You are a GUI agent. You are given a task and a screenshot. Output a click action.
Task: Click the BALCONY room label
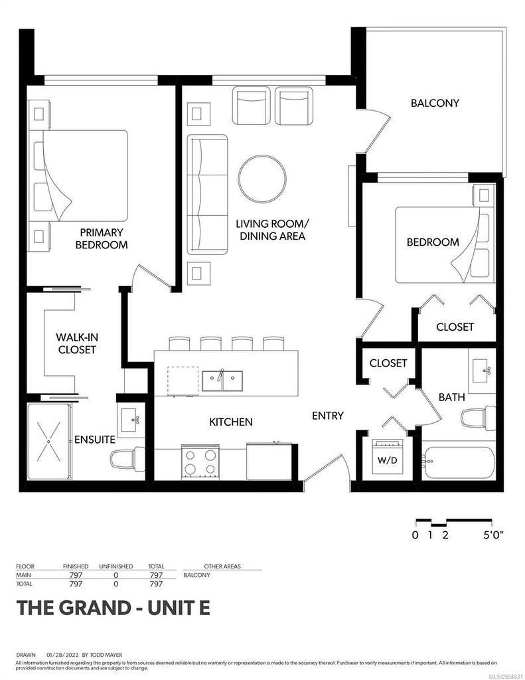[435, 103]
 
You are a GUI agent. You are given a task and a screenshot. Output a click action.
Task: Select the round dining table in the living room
[263, 178]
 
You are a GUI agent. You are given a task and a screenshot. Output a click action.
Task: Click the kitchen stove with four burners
[200, 462]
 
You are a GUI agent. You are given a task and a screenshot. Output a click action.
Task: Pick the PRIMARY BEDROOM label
[102, 238]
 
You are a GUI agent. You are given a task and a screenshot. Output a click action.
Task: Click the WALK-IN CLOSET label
[76, 343]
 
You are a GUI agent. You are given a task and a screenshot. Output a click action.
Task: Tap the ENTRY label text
[328, 416]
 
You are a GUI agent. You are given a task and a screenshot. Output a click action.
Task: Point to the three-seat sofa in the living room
[206, 194]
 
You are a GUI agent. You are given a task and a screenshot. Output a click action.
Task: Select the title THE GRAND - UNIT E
[113, 608]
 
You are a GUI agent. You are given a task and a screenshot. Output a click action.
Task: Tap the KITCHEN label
[230, 422]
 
